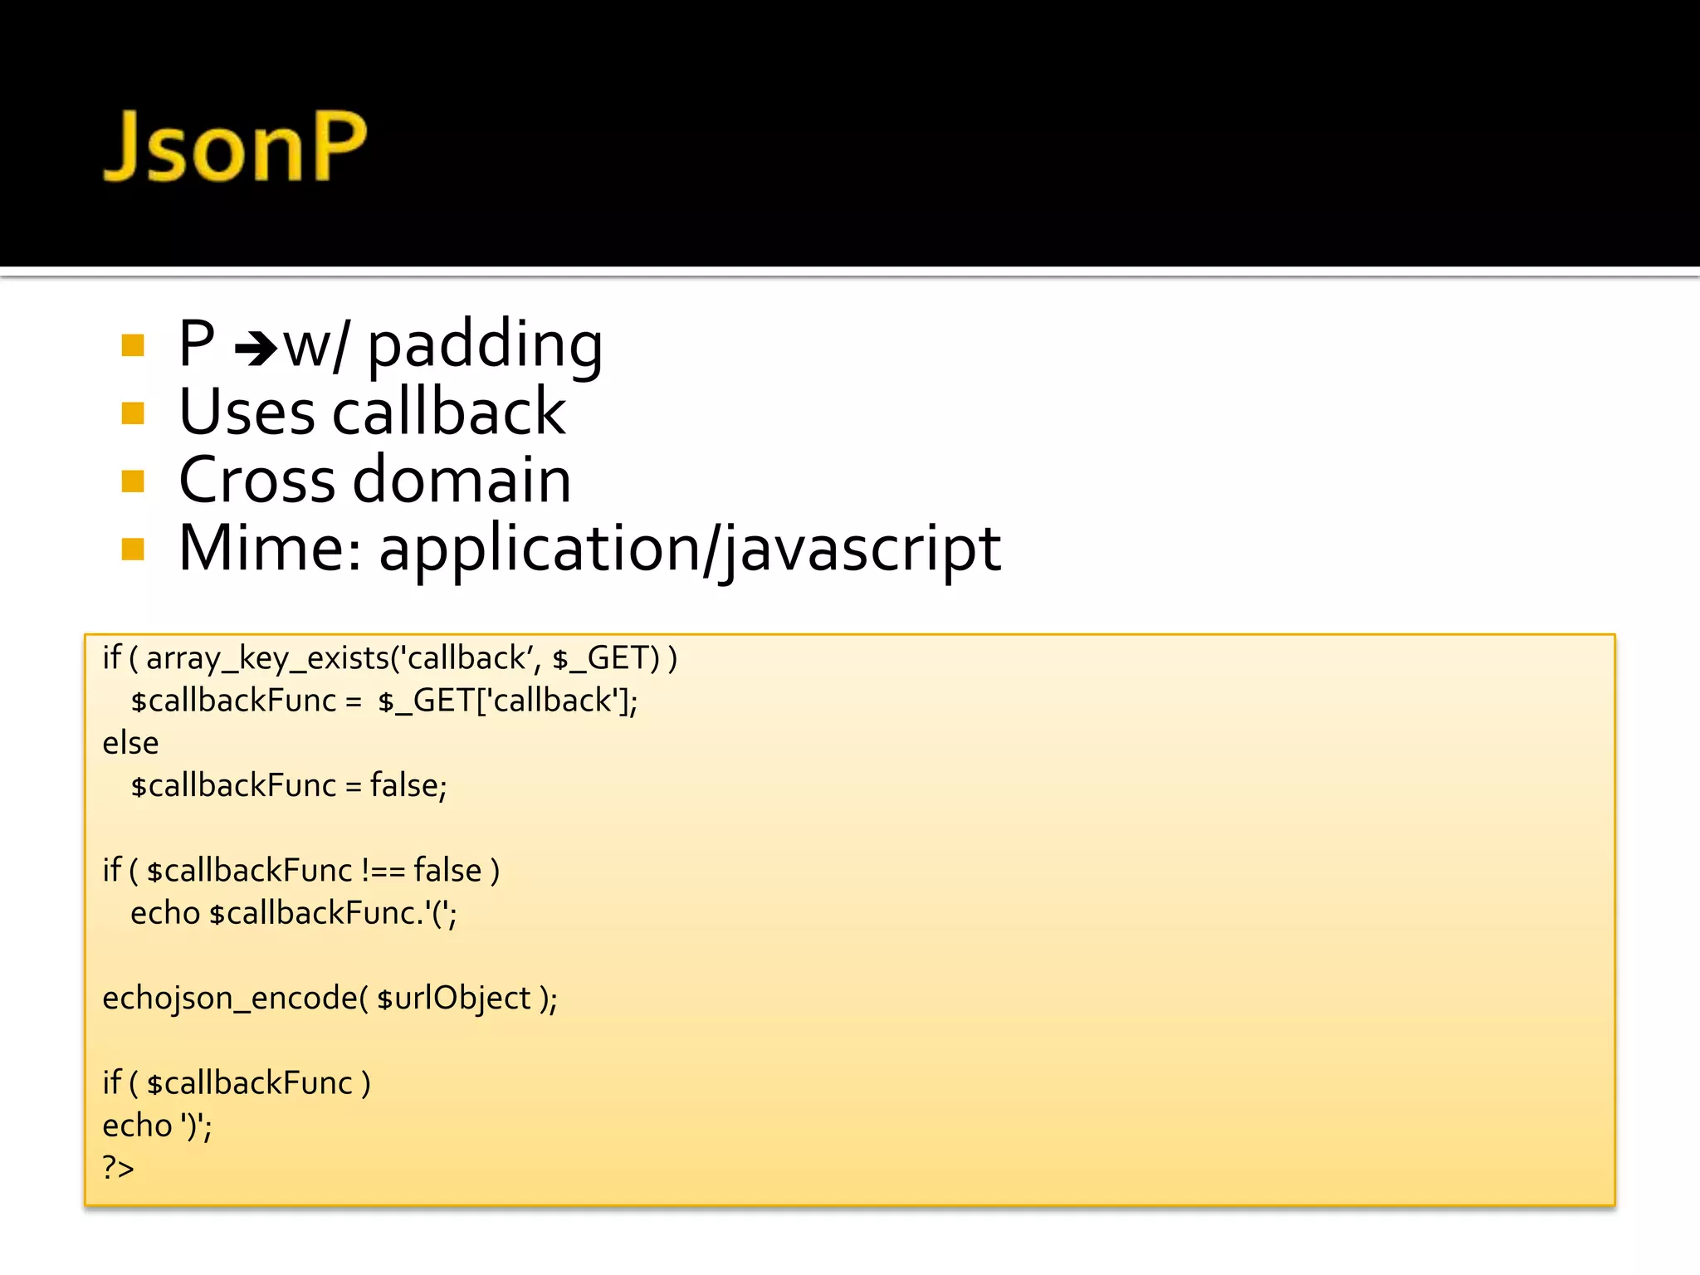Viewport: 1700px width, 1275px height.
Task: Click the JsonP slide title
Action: coord(235,147)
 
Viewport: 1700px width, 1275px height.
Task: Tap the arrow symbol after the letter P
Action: coord(256,349)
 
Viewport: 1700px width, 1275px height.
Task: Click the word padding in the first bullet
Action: coord(485,345)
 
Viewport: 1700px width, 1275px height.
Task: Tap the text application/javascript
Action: coord(690,549)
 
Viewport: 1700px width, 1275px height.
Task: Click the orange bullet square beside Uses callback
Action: coord(133,413)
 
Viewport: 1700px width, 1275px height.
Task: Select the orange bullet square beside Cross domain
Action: coord(133,481)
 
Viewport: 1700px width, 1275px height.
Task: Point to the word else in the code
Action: coord(130,743)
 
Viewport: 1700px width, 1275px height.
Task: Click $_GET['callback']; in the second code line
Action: coord(507,701)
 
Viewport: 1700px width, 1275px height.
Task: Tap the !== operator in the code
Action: coord(383,871)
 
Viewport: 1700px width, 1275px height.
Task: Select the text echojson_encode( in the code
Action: coord(235,998)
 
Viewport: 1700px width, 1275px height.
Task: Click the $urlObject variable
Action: coord(453,998)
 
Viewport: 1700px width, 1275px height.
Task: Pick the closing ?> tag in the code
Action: coord(118,1168)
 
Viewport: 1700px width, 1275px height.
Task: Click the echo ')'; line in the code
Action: coord(157,1126)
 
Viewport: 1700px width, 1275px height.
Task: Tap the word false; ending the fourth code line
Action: coord(408,785)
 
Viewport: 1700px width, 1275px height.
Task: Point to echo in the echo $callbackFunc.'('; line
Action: coord(165,913)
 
